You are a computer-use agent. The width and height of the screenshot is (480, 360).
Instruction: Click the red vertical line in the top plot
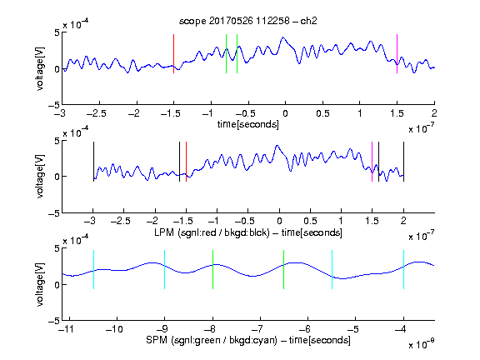point(173,53)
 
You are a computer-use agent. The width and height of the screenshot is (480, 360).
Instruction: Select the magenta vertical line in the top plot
point(397,53)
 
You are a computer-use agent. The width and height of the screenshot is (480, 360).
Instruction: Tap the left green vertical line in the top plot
point(226,53)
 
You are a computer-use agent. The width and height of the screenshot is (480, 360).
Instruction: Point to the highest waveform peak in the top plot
point(283,37)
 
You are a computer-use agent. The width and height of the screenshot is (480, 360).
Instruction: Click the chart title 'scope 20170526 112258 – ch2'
point(248,21)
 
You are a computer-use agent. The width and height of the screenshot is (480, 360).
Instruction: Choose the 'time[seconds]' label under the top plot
point(248,124)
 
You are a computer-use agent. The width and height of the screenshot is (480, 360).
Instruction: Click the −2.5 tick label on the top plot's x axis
point(97,113)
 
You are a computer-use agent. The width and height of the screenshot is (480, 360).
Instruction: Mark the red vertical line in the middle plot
point(186,162)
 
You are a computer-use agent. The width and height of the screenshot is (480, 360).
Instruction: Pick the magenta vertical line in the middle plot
point(372,162)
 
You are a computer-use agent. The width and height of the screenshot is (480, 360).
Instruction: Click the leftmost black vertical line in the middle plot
point(93,162)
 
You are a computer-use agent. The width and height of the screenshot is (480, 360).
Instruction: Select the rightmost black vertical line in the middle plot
point(403,162)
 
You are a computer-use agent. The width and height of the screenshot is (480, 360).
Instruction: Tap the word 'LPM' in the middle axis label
point(164,232)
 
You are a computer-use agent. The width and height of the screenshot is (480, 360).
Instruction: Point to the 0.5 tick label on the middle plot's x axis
point(310,221)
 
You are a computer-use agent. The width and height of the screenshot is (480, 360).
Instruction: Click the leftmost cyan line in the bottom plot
point(93,269)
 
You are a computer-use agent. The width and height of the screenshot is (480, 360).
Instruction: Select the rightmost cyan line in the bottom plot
point(403,269)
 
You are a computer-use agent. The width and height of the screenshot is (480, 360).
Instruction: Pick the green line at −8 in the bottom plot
point(212,269)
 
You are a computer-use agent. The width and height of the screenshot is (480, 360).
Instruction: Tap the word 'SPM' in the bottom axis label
point(157,340)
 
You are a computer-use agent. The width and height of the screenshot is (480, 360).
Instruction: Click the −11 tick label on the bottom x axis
point(67,329)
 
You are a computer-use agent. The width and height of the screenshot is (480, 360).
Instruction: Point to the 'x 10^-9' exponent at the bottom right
point(422,343)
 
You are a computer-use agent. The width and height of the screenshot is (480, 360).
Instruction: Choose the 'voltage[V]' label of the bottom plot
point(40,284)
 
